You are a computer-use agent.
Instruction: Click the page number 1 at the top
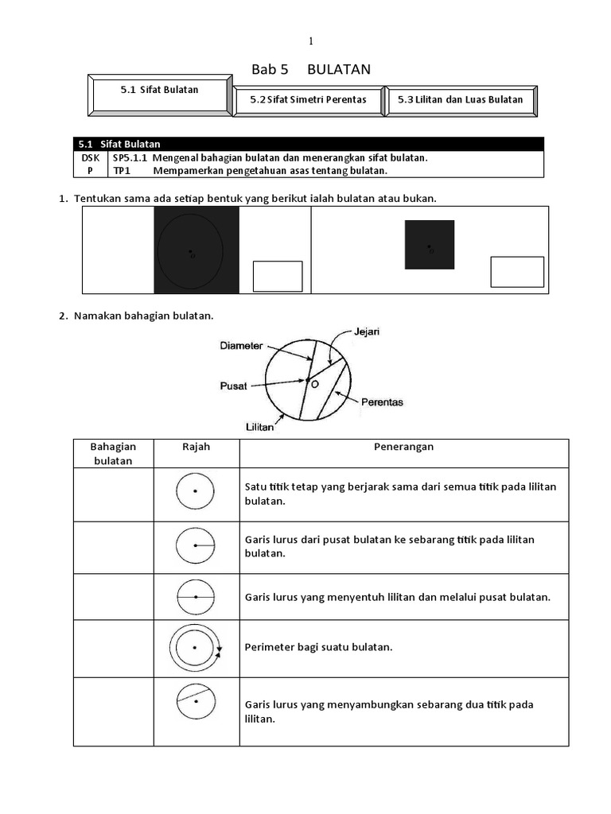tap(311, 41)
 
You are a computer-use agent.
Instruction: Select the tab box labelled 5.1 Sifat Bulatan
tap(160, 91)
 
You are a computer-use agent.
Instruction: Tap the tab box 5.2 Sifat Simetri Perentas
tap(308, 100)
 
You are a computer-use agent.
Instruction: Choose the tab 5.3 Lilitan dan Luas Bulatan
tap(461, 100)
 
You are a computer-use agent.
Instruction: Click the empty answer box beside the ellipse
tap(278, 276)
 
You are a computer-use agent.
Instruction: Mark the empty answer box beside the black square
tap(517, 271)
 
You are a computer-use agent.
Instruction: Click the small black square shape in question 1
tap(430, 245)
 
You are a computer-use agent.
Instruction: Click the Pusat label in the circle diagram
tap(233, 386)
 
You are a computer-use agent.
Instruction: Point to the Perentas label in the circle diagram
tap(383, 402)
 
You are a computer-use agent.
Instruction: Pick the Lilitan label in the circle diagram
tap(260, 427)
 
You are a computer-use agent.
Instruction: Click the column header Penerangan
tap(403, 447)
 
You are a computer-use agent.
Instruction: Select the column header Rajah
tap(196, 447)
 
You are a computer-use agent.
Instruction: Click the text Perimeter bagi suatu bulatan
tap(319, 647)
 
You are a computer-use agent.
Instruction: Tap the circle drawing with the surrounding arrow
tap(195, 648)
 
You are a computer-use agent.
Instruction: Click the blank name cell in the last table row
tap(114, 711)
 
